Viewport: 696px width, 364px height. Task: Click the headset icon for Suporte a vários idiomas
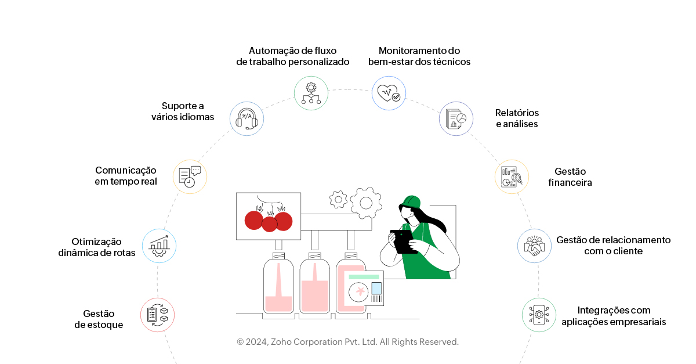pyautogui.click(x=246, y=118)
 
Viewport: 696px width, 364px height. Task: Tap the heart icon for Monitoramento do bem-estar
pyautogui.click(x=389, y=93)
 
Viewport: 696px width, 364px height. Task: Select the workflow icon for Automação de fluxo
pyautogui.click(x=311, y=93)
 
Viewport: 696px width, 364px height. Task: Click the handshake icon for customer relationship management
pyautogui.click(x=534, y=246)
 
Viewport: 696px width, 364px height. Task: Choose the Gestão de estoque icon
pyautogui.click(x=158, y=315)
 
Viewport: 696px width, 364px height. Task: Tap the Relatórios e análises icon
pyautogui.click(x=456, y=119)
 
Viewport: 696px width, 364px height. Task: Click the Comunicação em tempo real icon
pyautogui.click(x=190, y=176)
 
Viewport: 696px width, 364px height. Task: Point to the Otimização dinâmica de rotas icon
pyautogui.click(x=159, y=246)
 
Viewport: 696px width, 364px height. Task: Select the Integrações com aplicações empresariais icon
pyautogui.click(x=539, y=315)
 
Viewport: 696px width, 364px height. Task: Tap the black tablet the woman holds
pyautogui.click(x=404, y=241)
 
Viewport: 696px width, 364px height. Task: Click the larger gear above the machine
pyautogui.click(x=365, y=203)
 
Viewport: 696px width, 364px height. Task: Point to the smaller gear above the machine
pyautogui.click(x=338, y=199)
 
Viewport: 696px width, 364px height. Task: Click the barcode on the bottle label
pyautogui.click(x=377, y=299)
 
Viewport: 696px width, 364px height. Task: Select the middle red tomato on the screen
pyautogui.click(x=269, y=224)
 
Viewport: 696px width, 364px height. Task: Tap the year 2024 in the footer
pyautogui.click(x=256, y=342)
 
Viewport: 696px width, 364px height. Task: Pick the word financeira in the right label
pyautogui.click(x=570, y=182)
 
